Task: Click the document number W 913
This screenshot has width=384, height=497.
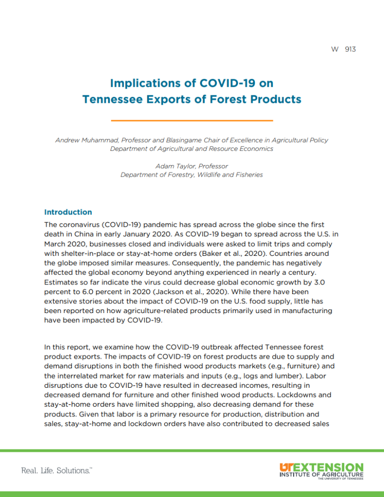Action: pyautogui.click(x=344, y=49)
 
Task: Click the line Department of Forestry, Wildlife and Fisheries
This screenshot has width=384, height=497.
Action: pyautogui.click(x=192, y=175)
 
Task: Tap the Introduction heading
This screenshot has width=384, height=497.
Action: pyautogui.click(x=68, y=212)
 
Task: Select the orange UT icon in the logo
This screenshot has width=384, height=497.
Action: pyautogui.click(x=286, y=467)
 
